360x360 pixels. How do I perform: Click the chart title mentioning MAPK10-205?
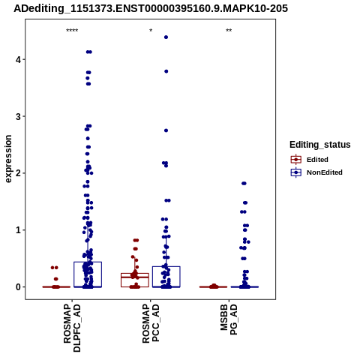[151, 8]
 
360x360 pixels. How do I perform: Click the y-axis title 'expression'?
[8, 159]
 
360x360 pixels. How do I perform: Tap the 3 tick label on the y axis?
[18, 116]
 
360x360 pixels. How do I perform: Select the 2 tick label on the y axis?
[18, 173]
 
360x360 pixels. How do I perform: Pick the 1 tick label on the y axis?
[18, 230]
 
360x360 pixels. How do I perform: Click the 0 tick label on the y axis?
[18, 287]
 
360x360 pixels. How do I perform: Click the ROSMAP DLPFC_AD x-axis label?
[72, 328]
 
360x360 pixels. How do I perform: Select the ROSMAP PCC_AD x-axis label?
[151, 323]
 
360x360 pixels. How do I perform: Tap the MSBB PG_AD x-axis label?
[229, 319]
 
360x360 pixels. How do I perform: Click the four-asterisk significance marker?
[72, 31]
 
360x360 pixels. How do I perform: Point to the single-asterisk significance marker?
[151, 31]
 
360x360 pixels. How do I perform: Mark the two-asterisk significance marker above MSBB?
[229, 31]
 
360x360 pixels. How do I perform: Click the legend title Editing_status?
[320, 145]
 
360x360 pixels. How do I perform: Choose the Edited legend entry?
[310, 160]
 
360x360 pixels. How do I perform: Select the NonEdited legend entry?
[316, 172]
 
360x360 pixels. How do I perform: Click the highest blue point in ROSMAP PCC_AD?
[166, 37]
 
